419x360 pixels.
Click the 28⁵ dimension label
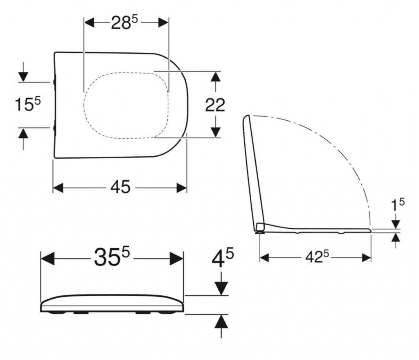124,22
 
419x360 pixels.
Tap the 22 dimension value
215,105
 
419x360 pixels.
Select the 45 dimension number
121,187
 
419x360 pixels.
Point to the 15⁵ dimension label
27,104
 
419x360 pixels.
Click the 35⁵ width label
112,257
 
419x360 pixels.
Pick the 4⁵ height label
223,258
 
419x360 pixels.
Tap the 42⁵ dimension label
317,257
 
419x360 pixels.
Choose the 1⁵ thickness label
398,205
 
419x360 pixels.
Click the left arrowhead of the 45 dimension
58,188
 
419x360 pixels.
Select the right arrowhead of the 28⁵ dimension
163,22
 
